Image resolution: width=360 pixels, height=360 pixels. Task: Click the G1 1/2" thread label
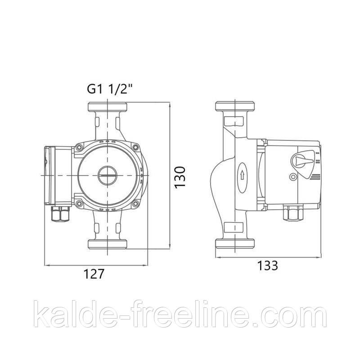(x=110, y=89)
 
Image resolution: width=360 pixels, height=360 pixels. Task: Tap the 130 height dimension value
(x=180, y=177)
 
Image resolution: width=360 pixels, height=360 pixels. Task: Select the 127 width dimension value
(x=94, y=274)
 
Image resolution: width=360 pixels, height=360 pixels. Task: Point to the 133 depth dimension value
(x=268, y=265)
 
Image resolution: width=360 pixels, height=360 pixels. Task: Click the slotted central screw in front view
(x=108, y=175)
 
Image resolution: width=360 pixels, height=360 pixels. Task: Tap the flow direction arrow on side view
(x=242, y=176)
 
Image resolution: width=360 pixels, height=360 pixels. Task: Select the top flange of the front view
(x=108, y=107)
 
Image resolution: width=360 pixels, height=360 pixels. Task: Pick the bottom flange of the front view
(x=108, y=244)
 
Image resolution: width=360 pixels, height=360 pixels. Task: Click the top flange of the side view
(x=235, y=106)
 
